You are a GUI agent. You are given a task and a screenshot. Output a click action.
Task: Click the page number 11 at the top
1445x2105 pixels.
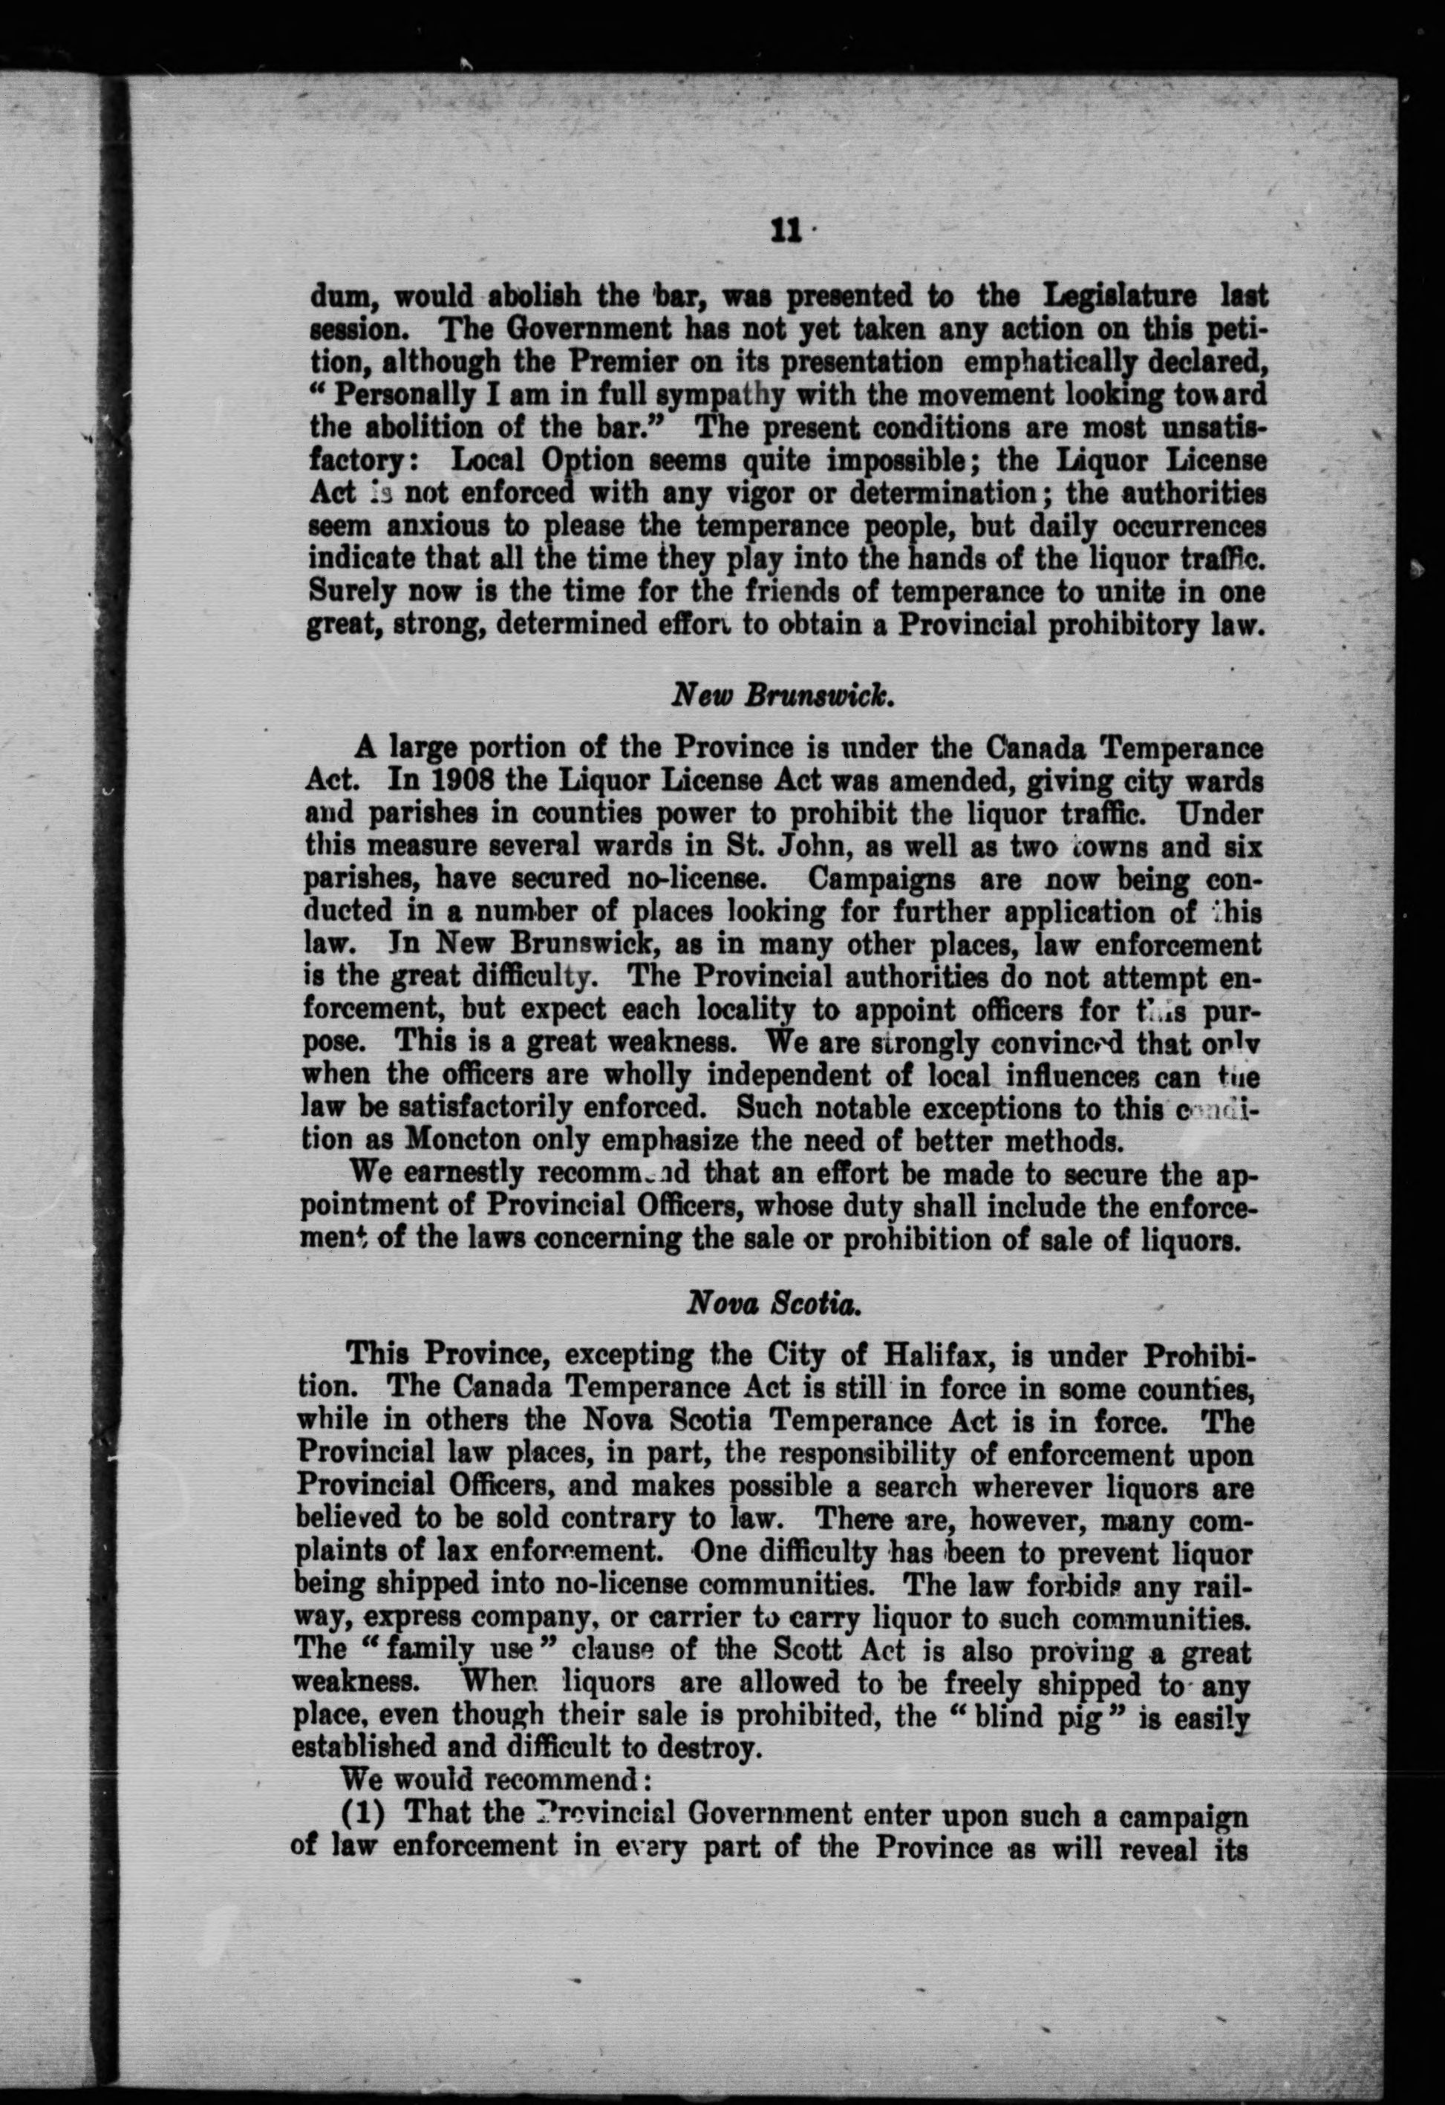tap(785, 232)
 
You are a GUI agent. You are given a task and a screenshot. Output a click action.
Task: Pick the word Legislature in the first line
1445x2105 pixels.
tap(1120, 296)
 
